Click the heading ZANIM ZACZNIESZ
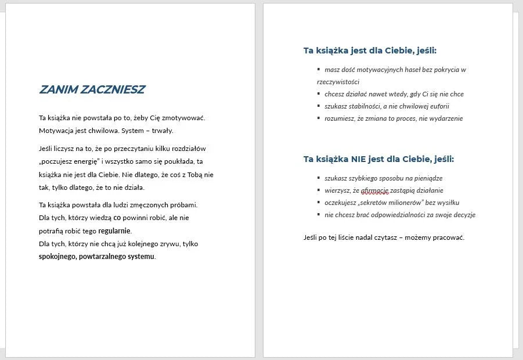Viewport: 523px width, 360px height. click(x=92, y=89)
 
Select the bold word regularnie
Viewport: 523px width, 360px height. click(x=115, y=231)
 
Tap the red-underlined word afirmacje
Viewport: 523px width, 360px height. click(x=374, y=190)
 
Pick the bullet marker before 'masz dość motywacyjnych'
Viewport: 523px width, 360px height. click(x=319, y=69)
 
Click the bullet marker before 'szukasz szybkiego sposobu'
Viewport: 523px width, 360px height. click(x=319, y=178)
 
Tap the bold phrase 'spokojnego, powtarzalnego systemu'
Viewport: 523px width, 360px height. click(x=97, y=257)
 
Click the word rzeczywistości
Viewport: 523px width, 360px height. click(x=338, y=82)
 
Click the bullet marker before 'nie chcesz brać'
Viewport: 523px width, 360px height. click(x=319, y=214)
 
